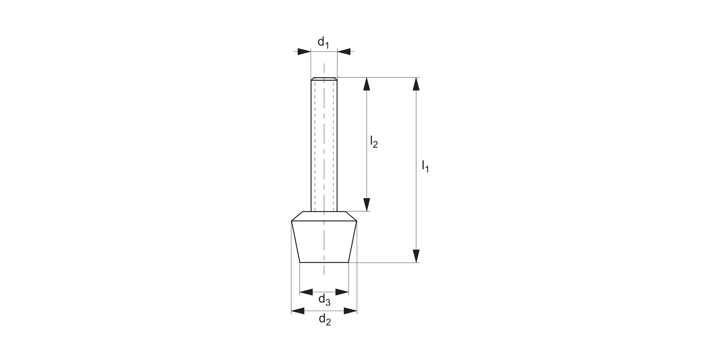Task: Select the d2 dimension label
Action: (x=325, y=320)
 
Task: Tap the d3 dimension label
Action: (x=324, y=300)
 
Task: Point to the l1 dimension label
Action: (x=425, y=167)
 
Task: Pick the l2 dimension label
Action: (x=373, y=142)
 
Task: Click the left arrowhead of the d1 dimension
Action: (x=304, y=51)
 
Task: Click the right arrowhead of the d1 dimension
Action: (x=344, y=51)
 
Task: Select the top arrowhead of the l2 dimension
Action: (x=367, y=84)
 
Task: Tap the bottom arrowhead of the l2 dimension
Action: (x=367, y=204)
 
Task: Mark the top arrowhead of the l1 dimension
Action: (x=416, y=84)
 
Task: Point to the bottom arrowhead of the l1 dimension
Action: (x=416, y=256)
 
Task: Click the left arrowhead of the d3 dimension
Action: (x=306, y=292)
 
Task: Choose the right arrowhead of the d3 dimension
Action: (x=342, y=292)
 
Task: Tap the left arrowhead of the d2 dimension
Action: (x=298, y=311)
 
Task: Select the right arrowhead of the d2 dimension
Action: (x=350, y=311)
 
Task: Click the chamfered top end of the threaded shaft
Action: (x=324, y=79)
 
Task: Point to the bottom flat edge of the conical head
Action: (x=324, y=263)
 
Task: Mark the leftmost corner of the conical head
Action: (x=292, y=221)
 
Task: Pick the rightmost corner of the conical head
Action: (x=356, y=221)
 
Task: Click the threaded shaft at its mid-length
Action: (x=324, y=144)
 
